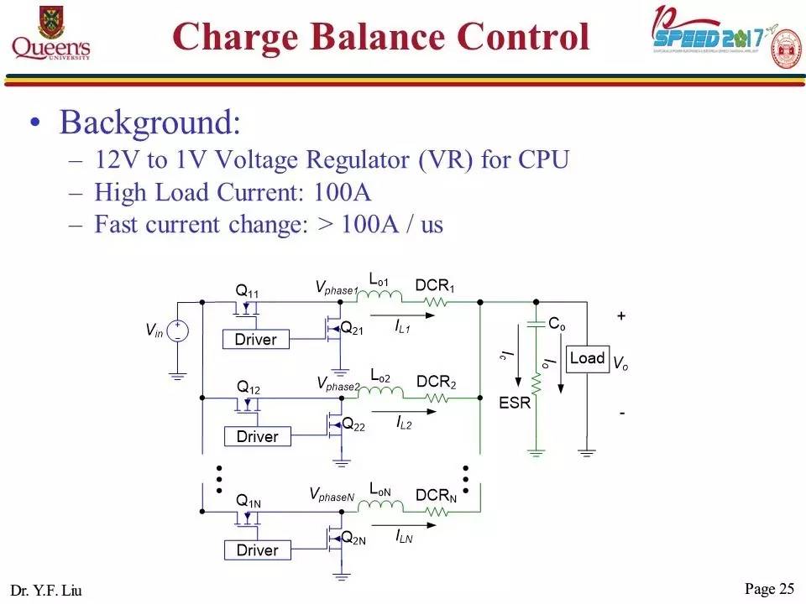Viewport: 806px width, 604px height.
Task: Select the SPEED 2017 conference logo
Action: [x=725, y=39]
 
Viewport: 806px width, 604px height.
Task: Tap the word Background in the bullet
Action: [x=149, y=123]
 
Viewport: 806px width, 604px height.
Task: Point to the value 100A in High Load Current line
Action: [x=342, y=192]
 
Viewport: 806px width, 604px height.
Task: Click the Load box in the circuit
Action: [x=587, y=358]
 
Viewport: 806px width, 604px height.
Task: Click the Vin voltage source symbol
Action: [x=177, y=331]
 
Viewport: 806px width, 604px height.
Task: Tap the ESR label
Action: [x=515, y=403]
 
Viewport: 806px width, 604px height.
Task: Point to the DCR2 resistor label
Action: [x=436, y=383]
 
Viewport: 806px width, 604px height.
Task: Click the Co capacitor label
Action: [x=556, y=323]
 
